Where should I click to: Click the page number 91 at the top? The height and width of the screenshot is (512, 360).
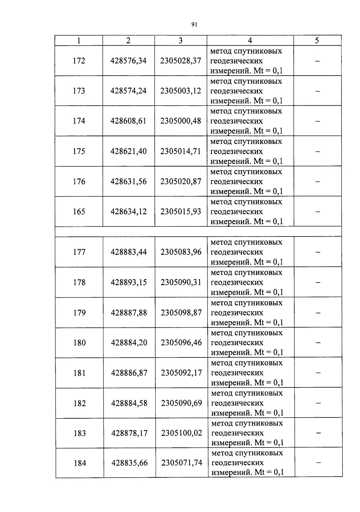point(194,25)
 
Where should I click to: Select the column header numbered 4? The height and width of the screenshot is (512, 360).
point(250,41)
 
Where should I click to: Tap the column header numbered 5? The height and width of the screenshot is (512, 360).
point(317,41)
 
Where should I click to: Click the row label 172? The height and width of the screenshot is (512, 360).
point(79,61)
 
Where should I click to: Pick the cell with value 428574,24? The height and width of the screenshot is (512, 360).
point(128,91)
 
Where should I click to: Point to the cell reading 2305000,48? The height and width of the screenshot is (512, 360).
point(181,121)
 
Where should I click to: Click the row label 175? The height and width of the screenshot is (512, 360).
point(79,151)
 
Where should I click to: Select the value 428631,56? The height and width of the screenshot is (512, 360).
point(128,182)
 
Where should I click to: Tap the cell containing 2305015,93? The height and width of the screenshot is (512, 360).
point(181,212)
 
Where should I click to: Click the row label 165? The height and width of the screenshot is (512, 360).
point(79,212)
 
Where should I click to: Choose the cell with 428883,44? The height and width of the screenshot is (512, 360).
point(129,252)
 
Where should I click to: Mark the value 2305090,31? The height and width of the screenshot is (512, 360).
point(181,282)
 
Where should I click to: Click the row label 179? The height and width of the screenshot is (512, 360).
point(79,313)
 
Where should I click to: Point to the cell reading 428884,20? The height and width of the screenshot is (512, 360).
point(129,343)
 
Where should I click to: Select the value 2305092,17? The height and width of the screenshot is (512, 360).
point(181,373)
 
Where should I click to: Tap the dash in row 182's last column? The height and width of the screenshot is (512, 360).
point(318,403)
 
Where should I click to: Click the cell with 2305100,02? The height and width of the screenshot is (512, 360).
point(181,433)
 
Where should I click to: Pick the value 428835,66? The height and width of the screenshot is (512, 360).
point(130,463)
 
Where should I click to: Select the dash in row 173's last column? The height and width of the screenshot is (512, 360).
point(317,91)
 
